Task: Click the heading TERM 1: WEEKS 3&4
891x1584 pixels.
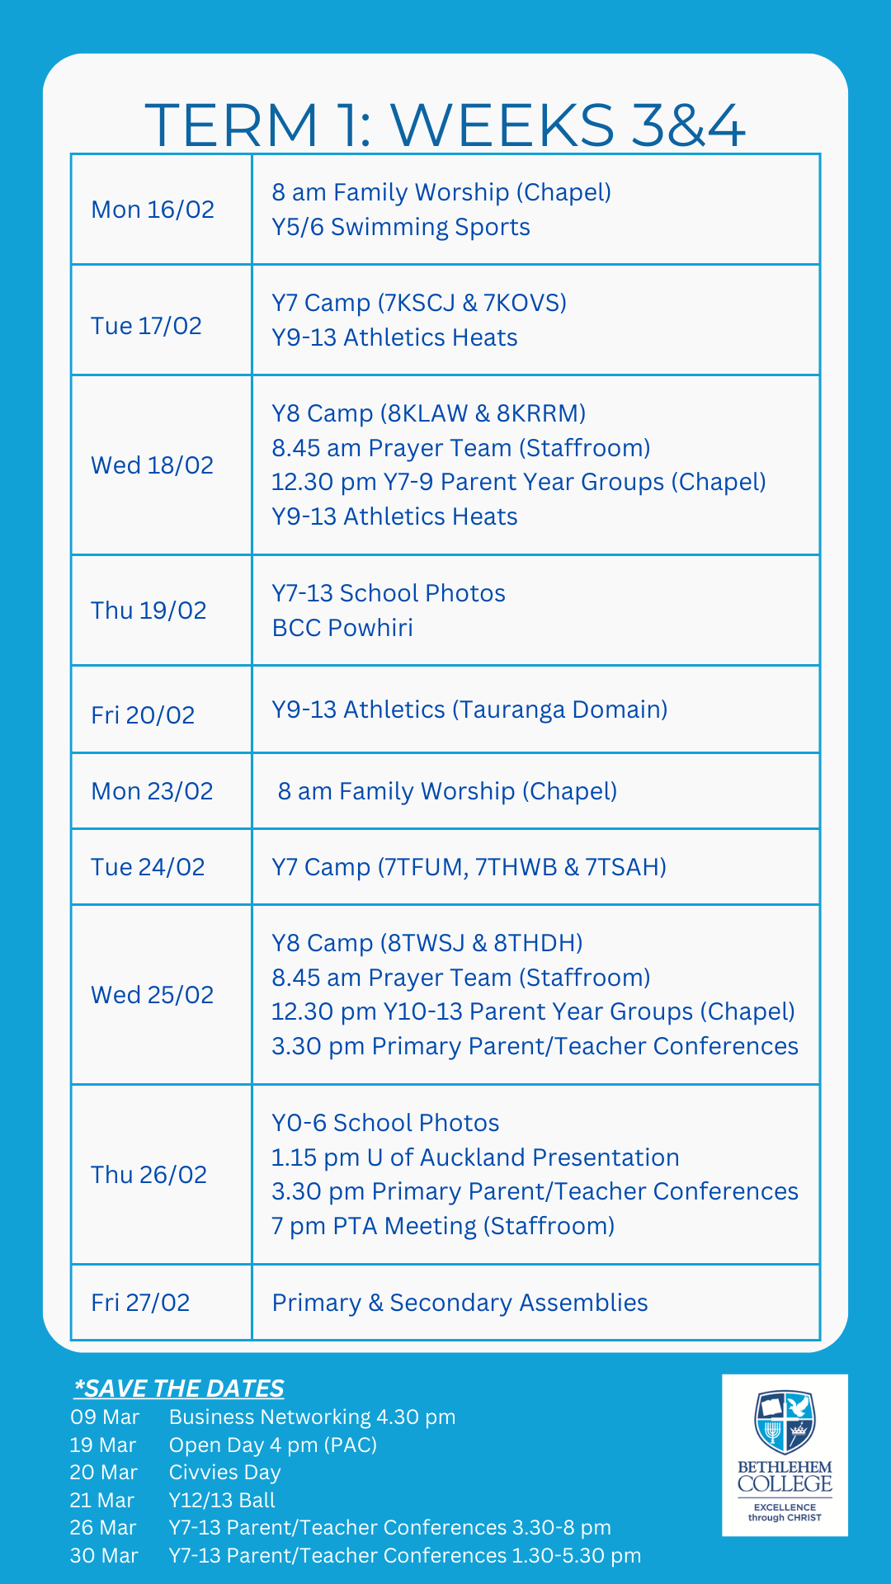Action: (445, 125)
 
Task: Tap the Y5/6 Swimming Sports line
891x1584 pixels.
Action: (401, 227)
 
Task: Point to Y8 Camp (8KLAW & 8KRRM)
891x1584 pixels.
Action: (429, 413)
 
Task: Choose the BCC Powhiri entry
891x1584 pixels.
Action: (342, 628)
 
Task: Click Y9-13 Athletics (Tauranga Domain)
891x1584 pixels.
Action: (469, 709)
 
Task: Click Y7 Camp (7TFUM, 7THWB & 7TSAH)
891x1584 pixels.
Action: (469, 867)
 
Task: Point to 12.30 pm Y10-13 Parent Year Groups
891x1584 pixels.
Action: (533, 1011)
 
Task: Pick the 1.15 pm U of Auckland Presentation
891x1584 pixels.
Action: (475, 1157)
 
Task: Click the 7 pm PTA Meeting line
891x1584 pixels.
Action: (443, 1226)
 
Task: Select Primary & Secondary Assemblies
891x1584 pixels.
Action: (460, 1303)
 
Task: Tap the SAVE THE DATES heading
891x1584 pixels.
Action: (179, 1388)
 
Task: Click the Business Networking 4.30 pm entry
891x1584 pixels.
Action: (312, 1417)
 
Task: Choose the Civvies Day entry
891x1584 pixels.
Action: (224, 1473)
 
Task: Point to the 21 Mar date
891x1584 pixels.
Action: (102, 1500)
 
